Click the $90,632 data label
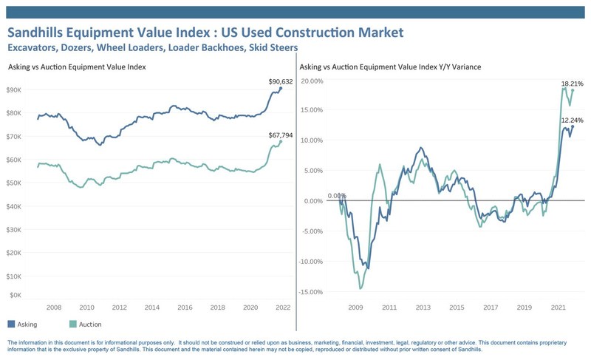click(x=281, y=81)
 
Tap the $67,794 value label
click(x=281, y=135)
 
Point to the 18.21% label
click(x=572, y=84)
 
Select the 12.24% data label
click(x=572, y=120)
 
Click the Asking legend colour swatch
click(x=11, y=324)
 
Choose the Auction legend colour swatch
click(x=73, y=324)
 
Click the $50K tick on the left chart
click(x=14, y=183)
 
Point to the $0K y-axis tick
click(x=16, y=295)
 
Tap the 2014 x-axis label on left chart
click(x=152, y=308)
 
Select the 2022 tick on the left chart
click(x=283, y=308)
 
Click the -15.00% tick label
click(x=311, y=292)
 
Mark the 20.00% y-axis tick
click(x=312, y=81)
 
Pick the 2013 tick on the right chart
click(x=423, y=308)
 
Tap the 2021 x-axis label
click(x=558, y=308)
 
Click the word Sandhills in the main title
click(x=35, y=33)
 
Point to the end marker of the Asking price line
click(x=281, y=89)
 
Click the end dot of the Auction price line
click(x=281, y=142)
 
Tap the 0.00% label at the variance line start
click(x=337, y=196)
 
